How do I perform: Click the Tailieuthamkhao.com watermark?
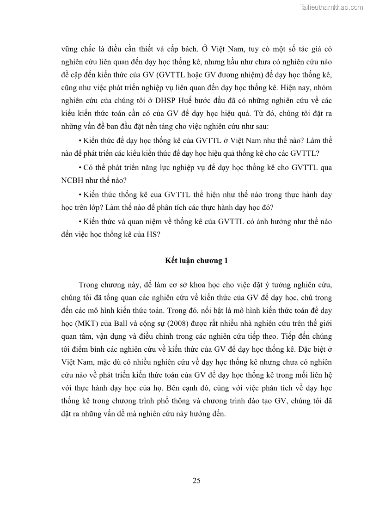point(331,7)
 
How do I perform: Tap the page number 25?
point(196,481)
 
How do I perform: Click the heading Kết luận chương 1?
point(196,261)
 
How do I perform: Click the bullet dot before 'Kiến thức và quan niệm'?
point(80,221)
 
